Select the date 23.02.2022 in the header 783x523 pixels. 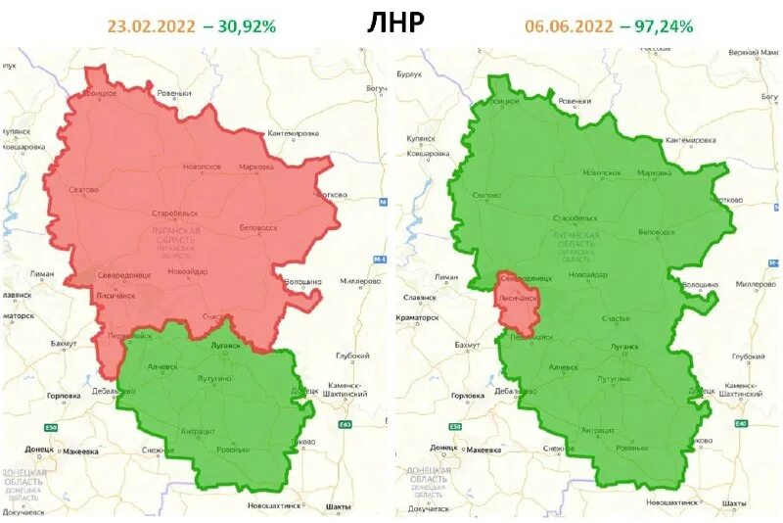151,26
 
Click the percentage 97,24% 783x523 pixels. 656,26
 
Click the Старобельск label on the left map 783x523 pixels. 175,213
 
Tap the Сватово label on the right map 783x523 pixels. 486,195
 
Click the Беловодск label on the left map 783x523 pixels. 258,228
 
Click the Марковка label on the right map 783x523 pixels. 654,173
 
